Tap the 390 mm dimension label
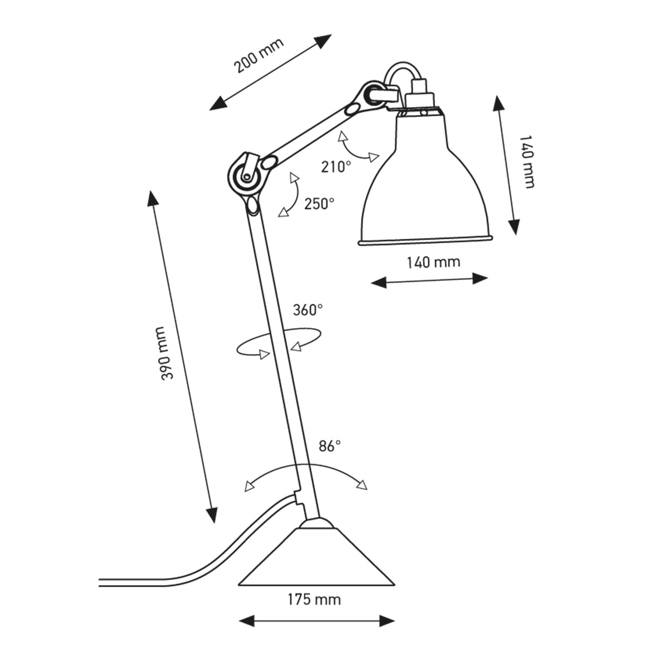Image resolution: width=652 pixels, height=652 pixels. (167, 353)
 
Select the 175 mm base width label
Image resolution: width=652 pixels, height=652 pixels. (314, 599)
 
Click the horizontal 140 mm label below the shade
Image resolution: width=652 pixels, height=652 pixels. (434, 262)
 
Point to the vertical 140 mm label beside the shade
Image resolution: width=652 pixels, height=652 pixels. (527, 162)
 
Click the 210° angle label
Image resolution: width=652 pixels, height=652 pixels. (336, 167)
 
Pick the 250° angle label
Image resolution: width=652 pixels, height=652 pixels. (319, 204)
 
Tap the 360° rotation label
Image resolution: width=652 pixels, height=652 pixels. (308, 310)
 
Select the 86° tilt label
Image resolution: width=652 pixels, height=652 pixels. (330, 446)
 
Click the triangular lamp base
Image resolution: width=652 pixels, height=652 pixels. (317, 560)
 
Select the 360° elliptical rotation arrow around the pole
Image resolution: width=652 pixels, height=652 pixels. (279, 341)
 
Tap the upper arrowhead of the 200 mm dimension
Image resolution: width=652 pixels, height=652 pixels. (324, 41)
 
